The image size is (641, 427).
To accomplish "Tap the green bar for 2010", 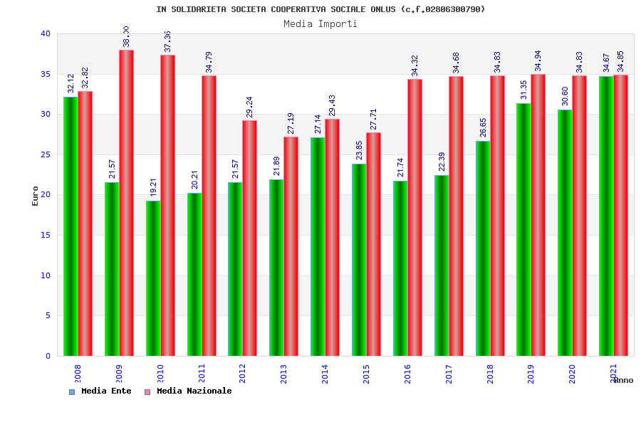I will [153, 278].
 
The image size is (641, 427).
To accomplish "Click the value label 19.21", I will [153, 187].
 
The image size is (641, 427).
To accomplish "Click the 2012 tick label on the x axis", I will [242, 374].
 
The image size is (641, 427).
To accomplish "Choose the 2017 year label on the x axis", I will [449, 374].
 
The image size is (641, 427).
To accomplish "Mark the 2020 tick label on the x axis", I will [572, 374].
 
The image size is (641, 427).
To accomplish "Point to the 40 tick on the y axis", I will [46, 33].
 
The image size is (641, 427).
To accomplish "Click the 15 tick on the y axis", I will [46, 235].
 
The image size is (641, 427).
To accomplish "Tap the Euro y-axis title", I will [36, 196].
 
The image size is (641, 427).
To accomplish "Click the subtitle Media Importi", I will [320, 23].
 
